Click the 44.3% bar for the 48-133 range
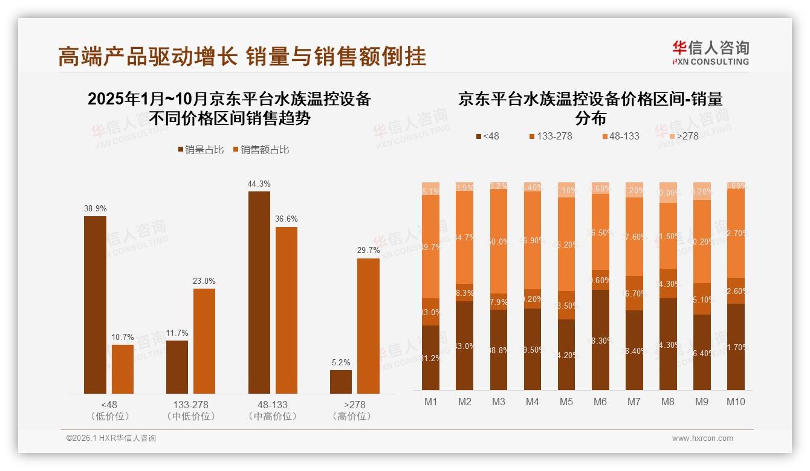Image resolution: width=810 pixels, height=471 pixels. [x=259, y=292]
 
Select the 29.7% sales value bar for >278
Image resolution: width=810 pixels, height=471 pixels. [x=368, y=326]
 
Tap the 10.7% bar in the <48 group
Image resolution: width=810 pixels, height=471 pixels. [x=123, y=369]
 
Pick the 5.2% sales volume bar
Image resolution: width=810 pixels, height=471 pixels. [x=341, y=382]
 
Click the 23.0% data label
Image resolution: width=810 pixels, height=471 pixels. [x=204, y=281]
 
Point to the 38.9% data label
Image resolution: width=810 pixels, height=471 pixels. [x=95, y=208]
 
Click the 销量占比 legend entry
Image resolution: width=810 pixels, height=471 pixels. [x=199, y=150]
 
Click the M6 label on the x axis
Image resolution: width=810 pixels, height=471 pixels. [x=600, y=402]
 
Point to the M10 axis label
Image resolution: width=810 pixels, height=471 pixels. [x=735, y=402]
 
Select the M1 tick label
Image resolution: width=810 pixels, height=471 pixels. [x=430, y=402]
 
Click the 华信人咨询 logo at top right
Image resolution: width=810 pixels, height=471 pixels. [x=710, y=53]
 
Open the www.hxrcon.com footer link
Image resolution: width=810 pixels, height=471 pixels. [x=702, y=438]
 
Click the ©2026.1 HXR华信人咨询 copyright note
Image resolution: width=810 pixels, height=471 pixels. [x=111, y=438]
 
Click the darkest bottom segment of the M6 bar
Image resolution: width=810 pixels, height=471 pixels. [x=600, y=340]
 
